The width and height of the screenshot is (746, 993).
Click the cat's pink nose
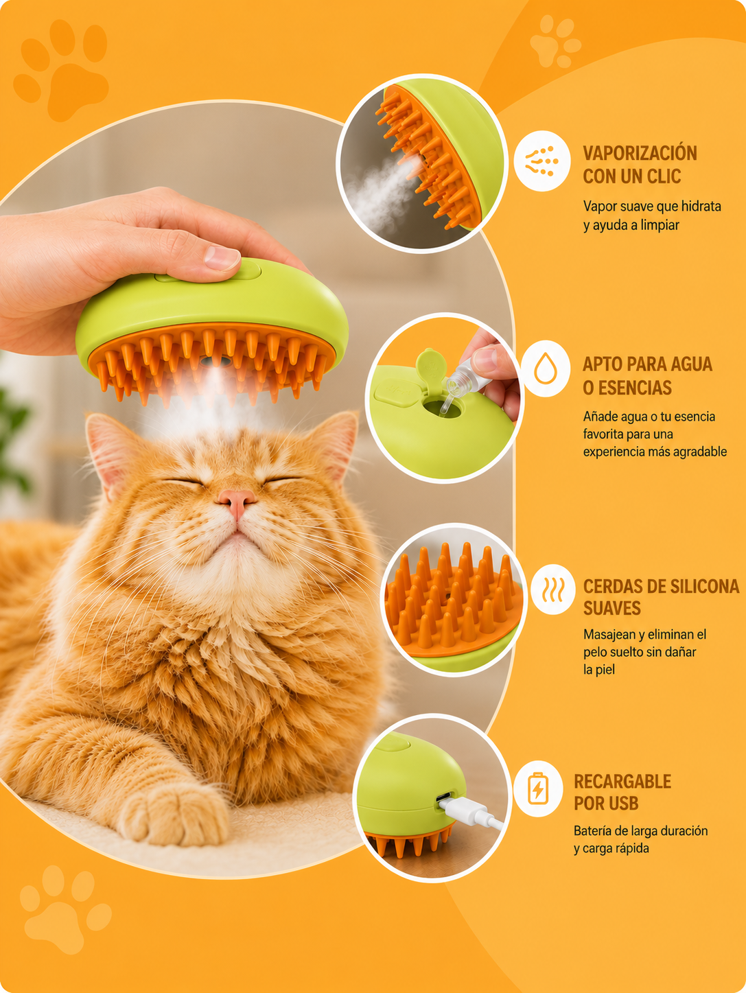237,501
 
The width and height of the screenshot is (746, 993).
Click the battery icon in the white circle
538,788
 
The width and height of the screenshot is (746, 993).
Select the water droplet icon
545,369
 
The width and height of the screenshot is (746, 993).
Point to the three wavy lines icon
553,589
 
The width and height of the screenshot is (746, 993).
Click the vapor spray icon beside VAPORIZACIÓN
541,161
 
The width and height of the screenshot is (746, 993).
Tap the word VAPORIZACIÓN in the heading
640,153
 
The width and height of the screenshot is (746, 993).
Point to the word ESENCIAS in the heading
633,388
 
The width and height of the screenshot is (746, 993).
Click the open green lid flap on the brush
431,366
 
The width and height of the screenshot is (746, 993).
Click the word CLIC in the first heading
664,176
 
